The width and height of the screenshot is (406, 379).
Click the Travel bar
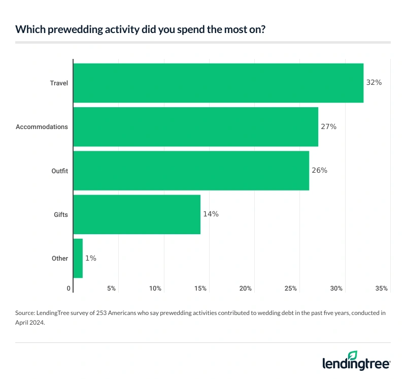pyautogui.click(x=218, y=83)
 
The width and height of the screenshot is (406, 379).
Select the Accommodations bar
pyautogui.click(x=196, y=127)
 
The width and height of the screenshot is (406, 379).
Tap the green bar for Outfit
pyautogui.click(x=191, y=170)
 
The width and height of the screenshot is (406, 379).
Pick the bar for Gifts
pyautogui.click(x=137, y=214)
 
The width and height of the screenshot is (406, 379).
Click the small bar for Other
pyautogui.click(x=78, y=258)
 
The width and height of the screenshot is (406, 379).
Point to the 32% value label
pyautogui.click(x=374, y=82)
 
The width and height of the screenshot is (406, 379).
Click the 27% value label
pyautogui.click(x=328, y=127)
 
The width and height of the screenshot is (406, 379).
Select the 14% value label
pyautogui.click(x=211, y=214)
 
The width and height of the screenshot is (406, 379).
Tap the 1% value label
pyautogui.click(x=90, y=258)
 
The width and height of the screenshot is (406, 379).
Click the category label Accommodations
pyautogui.click(x=42, y=127)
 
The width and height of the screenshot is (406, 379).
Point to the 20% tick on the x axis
pyautogui.click(x=246, y=288)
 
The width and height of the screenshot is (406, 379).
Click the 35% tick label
pyautogui.click(x=382, y=288)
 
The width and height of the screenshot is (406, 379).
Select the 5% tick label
pyautogui.click(x=111, y=288)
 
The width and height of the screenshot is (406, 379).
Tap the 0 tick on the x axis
pyautogui.click(x=69, y=288)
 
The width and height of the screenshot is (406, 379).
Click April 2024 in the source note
pyautogui.click(x=30, y=322)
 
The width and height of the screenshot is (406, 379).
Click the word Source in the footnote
pyautogui.click(x=26, y=313)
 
